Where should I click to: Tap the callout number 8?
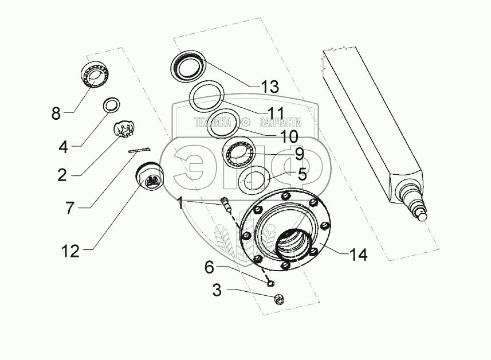click(x=56, y=113)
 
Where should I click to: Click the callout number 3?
click(x=217, y=290)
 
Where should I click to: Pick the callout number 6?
click(x=209, y=266)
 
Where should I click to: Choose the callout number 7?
click(x=69, y=208)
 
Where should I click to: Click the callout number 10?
click(x=289, y=136)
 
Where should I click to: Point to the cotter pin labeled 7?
click(x=140, y=151)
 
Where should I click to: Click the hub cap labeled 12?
click(x=151, y=177)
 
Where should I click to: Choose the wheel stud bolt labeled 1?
click(x=225, y=204)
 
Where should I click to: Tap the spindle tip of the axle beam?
click(x=424, y=216)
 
